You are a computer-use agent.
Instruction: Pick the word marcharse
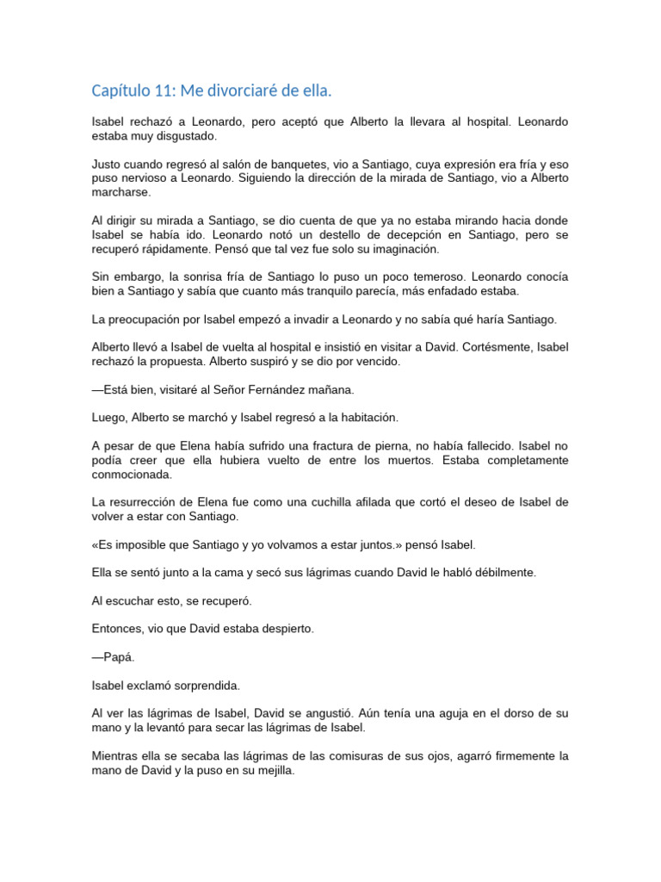(121, 192)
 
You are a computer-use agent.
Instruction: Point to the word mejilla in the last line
(271, 770)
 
